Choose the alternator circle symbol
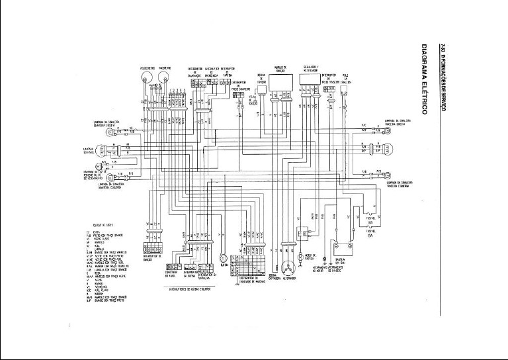[288, 268]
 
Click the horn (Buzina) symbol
[224, 257]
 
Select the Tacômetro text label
[165, 67]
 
